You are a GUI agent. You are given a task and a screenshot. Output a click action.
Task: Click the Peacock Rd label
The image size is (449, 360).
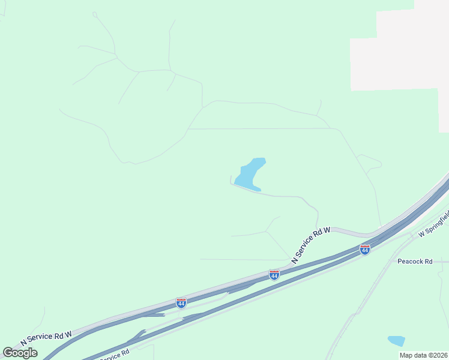(415, 262)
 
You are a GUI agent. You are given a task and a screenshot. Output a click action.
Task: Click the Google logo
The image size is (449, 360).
(20, 353)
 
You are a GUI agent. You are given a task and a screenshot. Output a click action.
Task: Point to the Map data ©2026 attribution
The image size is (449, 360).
(424, 355)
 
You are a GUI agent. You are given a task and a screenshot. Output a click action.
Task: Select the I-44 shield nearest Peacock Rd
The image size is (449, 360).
(364, 249)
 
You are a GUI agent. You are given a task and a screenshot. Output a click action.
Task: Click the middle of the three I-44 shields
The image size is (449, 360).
(274, 275)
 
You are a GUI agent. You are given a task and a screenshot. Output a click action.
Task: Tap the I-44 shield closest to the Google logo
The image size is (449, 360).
(181, 302)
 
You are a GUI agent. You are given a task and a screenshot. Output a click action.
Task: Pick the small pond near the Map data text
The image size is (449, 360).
(396, 341)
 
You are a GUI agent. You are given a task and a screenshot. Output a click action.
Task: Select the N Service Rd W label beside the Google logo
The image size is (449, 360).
(46, 337)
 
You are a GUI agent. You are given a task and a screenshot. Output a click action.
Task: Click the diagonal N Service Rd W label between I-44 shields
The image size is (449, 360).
(310, 245)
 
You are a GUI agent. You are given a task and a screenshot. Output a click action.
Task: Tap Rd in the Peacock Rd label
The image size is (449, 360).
(428, 262)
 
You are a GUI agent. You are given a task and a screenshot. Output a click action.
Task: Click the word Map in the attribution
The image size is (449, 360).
(407, 355)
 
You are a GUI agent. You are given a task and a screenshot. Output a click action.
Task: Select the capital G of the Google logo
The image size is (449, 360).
(8, 353)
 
